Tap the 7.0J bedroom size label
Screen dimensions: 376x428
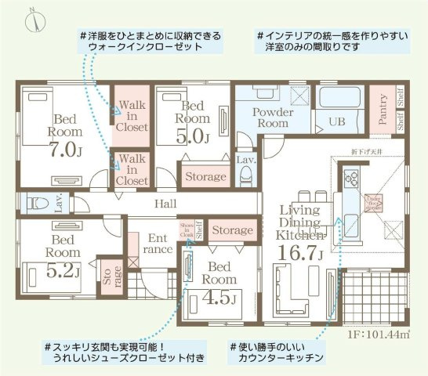[64, 149]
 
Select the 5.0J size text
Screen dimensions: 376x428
[195, 136]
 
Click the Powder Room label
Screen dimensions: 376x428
[271, 117]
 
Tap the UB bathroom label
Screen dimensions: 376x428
[337, 123]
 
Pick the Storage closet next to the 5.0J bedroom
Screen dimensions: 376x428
[205, 176]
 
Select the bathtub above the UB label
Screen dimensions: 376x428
[340, 99]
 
